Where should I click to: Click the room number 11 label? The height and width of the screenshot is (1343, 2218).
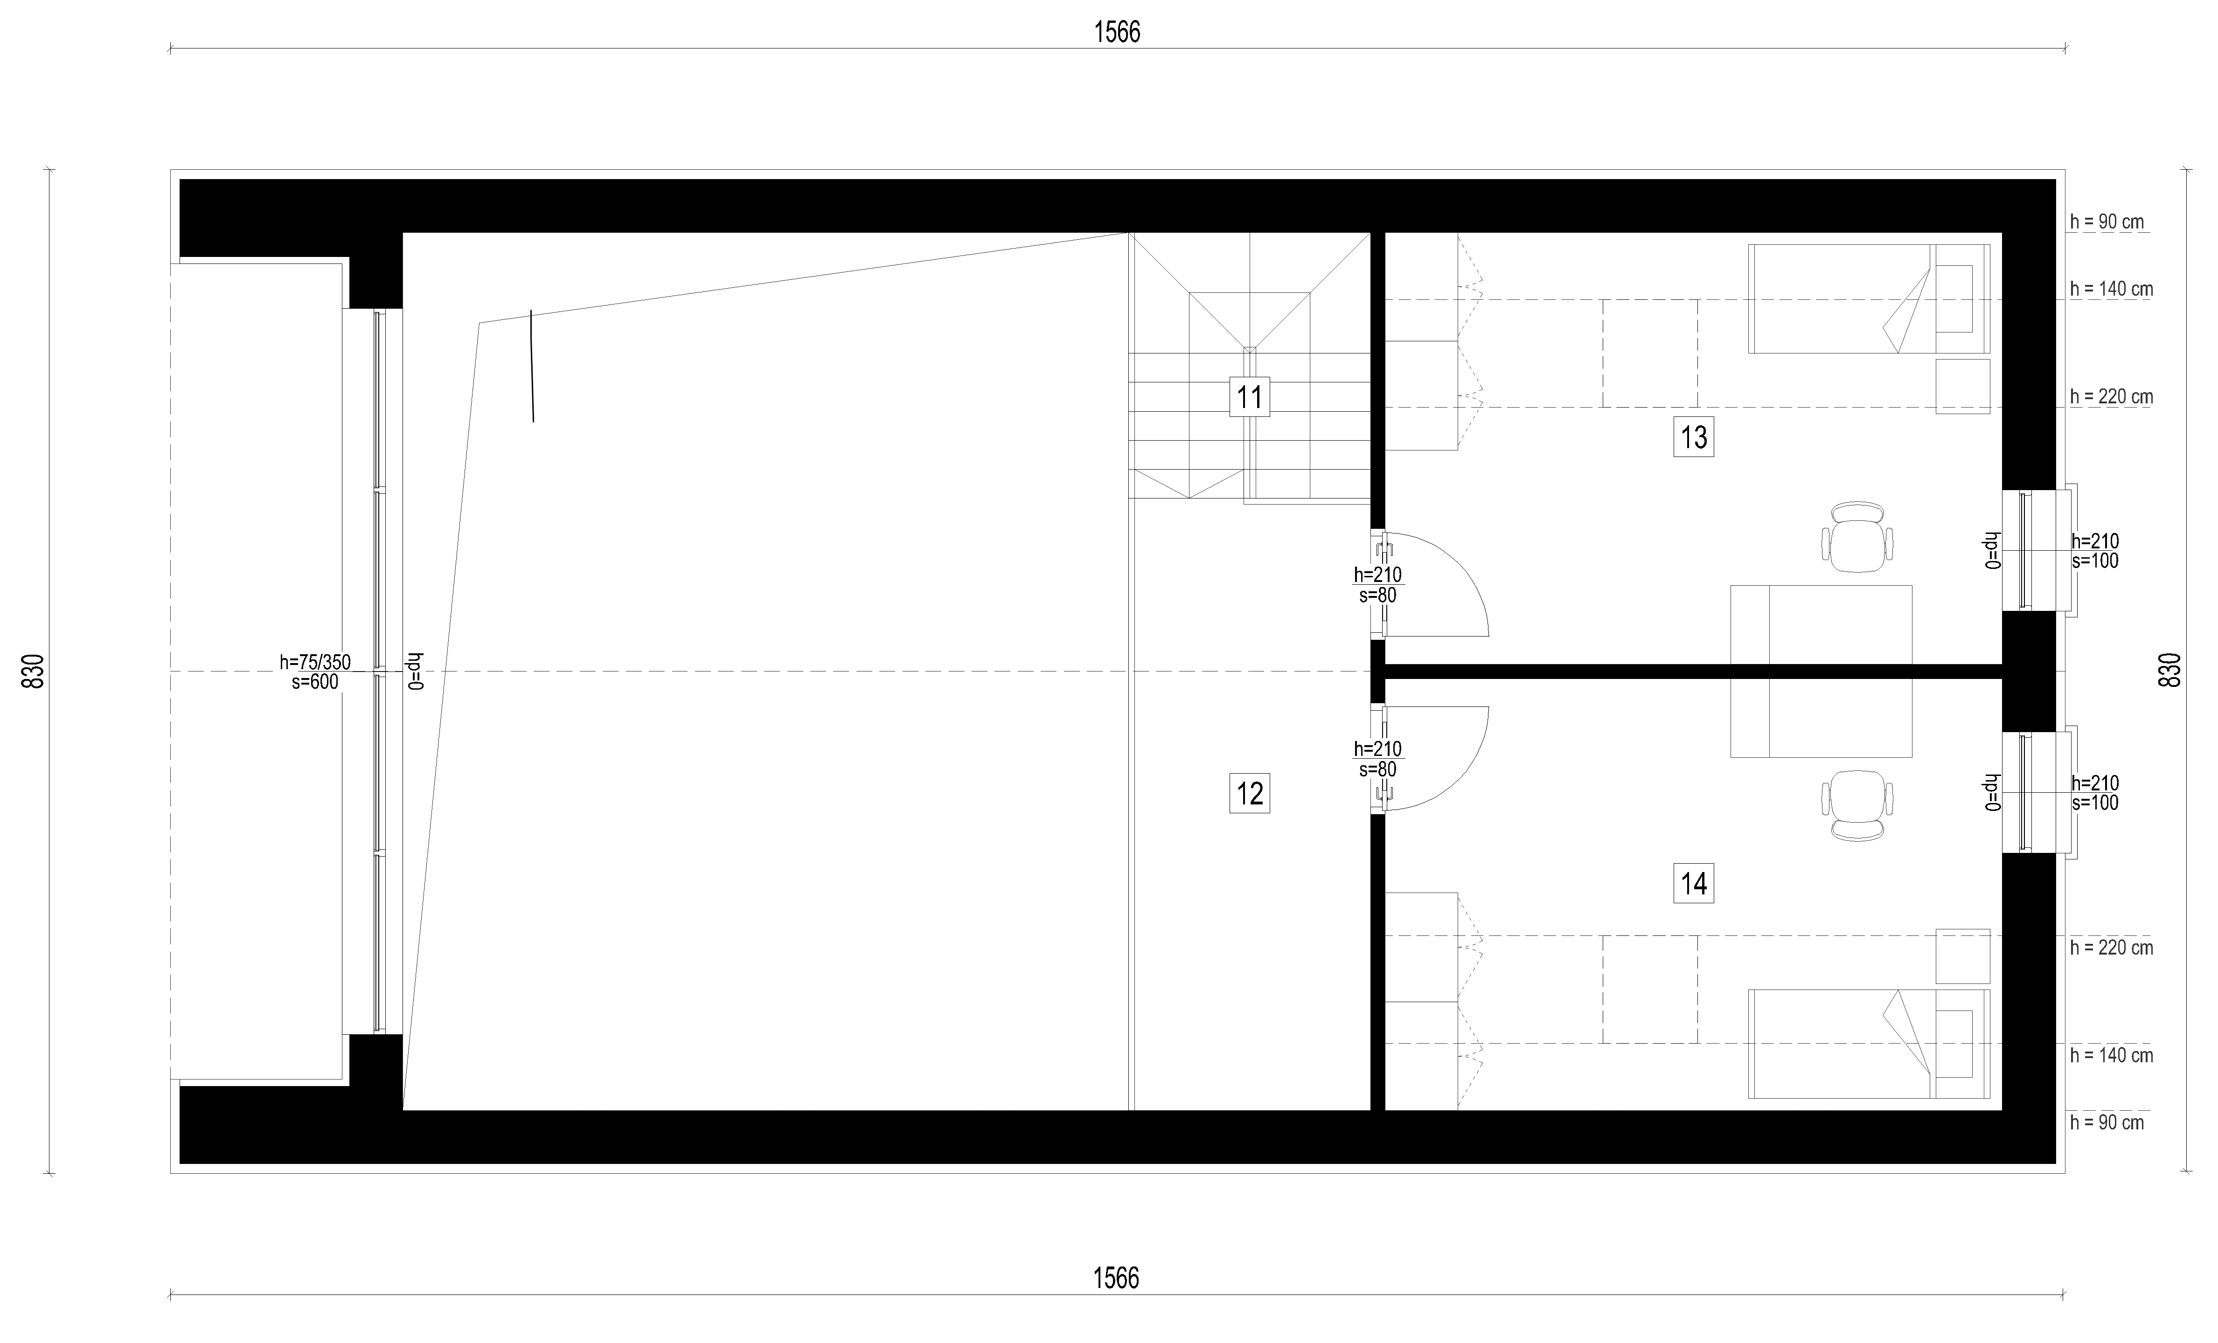pyautogui.click(x=1250, y=397)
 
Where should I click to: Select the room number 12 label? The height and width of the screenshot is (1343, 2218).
pyautogui.click(x=1250, y=794)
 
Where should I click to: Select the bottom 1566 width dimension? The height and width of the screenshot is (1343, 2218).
pyautogui.click(x=1116, y=1278)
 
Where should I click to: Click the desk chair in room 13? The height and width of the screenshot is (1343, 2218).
pyautogui.click(x=1857, y=537)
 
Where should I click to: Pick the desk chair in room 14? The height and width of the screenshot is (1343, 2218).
pyautogui.click(x=1857, y=806)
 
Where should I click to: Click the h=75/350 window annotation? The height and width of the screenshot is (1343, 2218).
pyautogui.click(x=315, y=663)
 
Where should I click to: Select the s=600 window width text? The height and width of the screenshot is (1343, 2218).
pyautogui.click(x=315, y=682)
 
